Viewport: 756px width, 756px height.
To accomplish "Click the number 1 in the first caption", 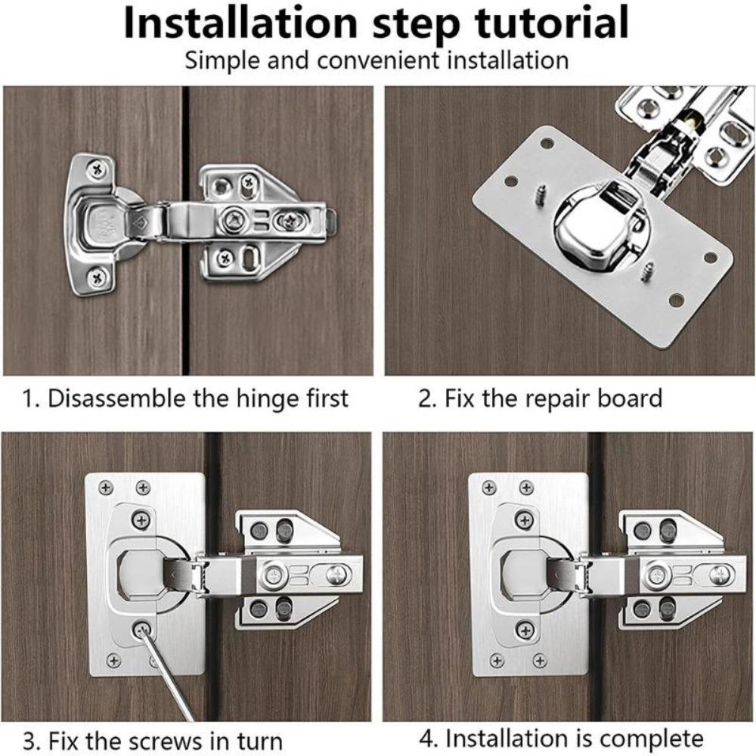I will pyautogui.click(x=29, y=398).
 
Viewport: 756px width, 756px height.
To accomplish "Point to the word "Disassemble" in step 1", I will pyautogui.click(x=113, y=398).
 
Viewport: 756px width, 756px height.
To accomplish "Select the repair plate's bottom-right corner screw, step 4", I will pyautogui.click(x=539, y=661).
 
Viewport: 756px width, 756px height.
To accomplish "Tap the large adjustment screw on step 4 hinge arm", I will pyautogui.click(x=714, y=575).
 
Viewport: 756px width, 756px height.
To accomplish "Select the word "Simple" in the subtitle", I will pyautogui.click(x=221, y=60).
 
